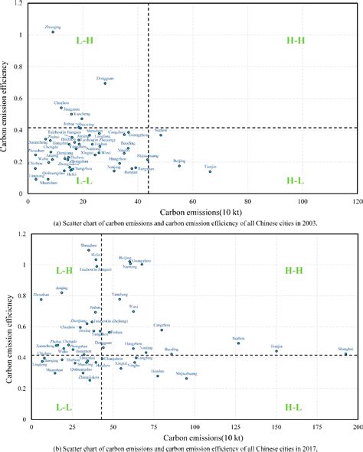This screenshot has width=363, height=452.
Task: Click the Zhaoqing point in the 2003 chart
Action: coord(53,32)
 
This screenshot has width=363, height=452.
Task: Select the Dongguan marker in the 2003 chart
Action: coord(106,83)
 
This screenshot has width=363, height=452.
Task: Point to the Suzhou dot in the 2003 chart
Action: coord(161,135)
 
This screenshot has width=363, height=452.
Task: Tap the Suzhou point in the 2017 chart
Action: coord(239,343)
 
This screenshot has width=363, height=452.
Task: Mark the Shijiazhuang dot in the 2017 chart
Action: coord(186,378)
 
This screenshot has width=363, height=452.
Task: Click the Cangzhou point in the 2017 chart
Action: coord(162,330)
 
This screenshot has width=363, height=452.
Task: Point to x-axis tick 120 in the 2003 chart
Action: coord(357,201)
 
